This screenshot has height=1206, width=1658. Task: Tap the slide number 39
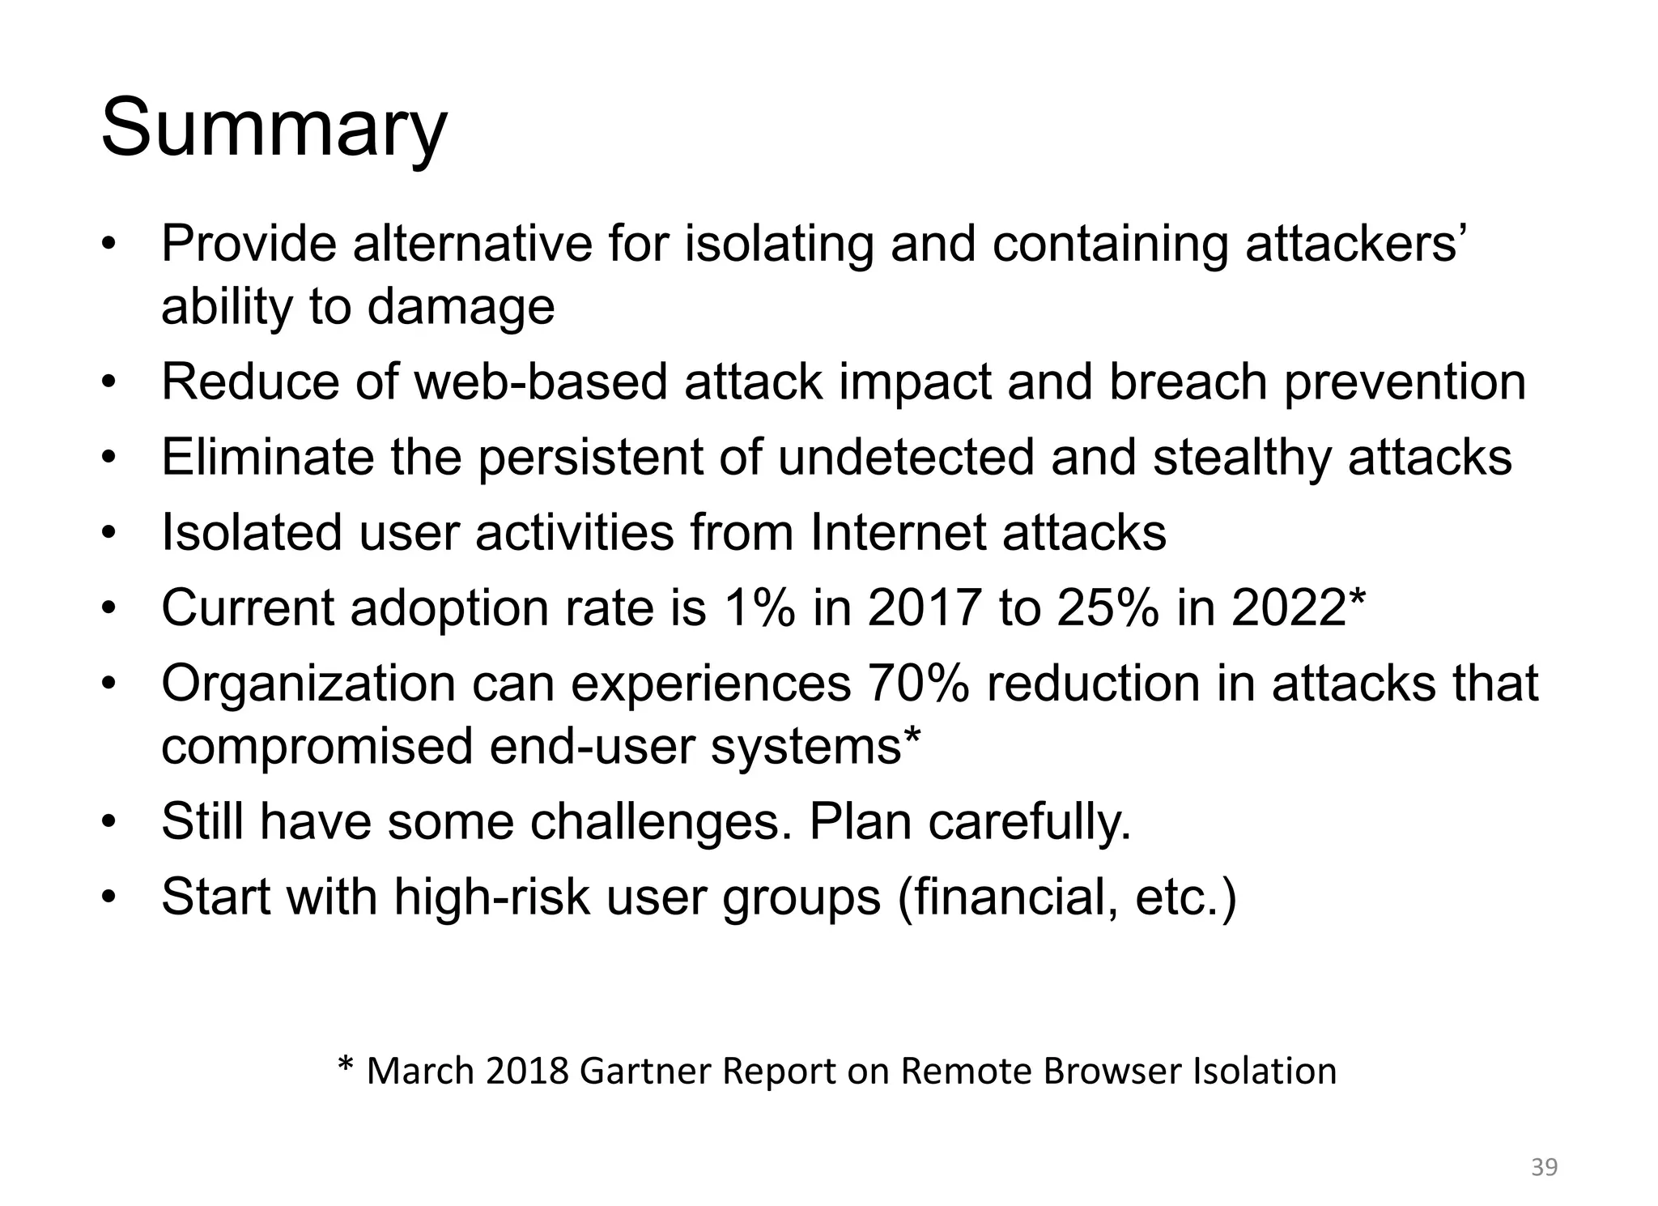1545,1167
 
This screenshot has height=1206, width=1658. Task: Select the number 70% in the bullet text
917,683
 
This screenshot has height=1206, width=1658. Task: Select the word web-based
542,381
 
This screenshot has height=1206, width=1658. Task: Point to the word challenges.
661,821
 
